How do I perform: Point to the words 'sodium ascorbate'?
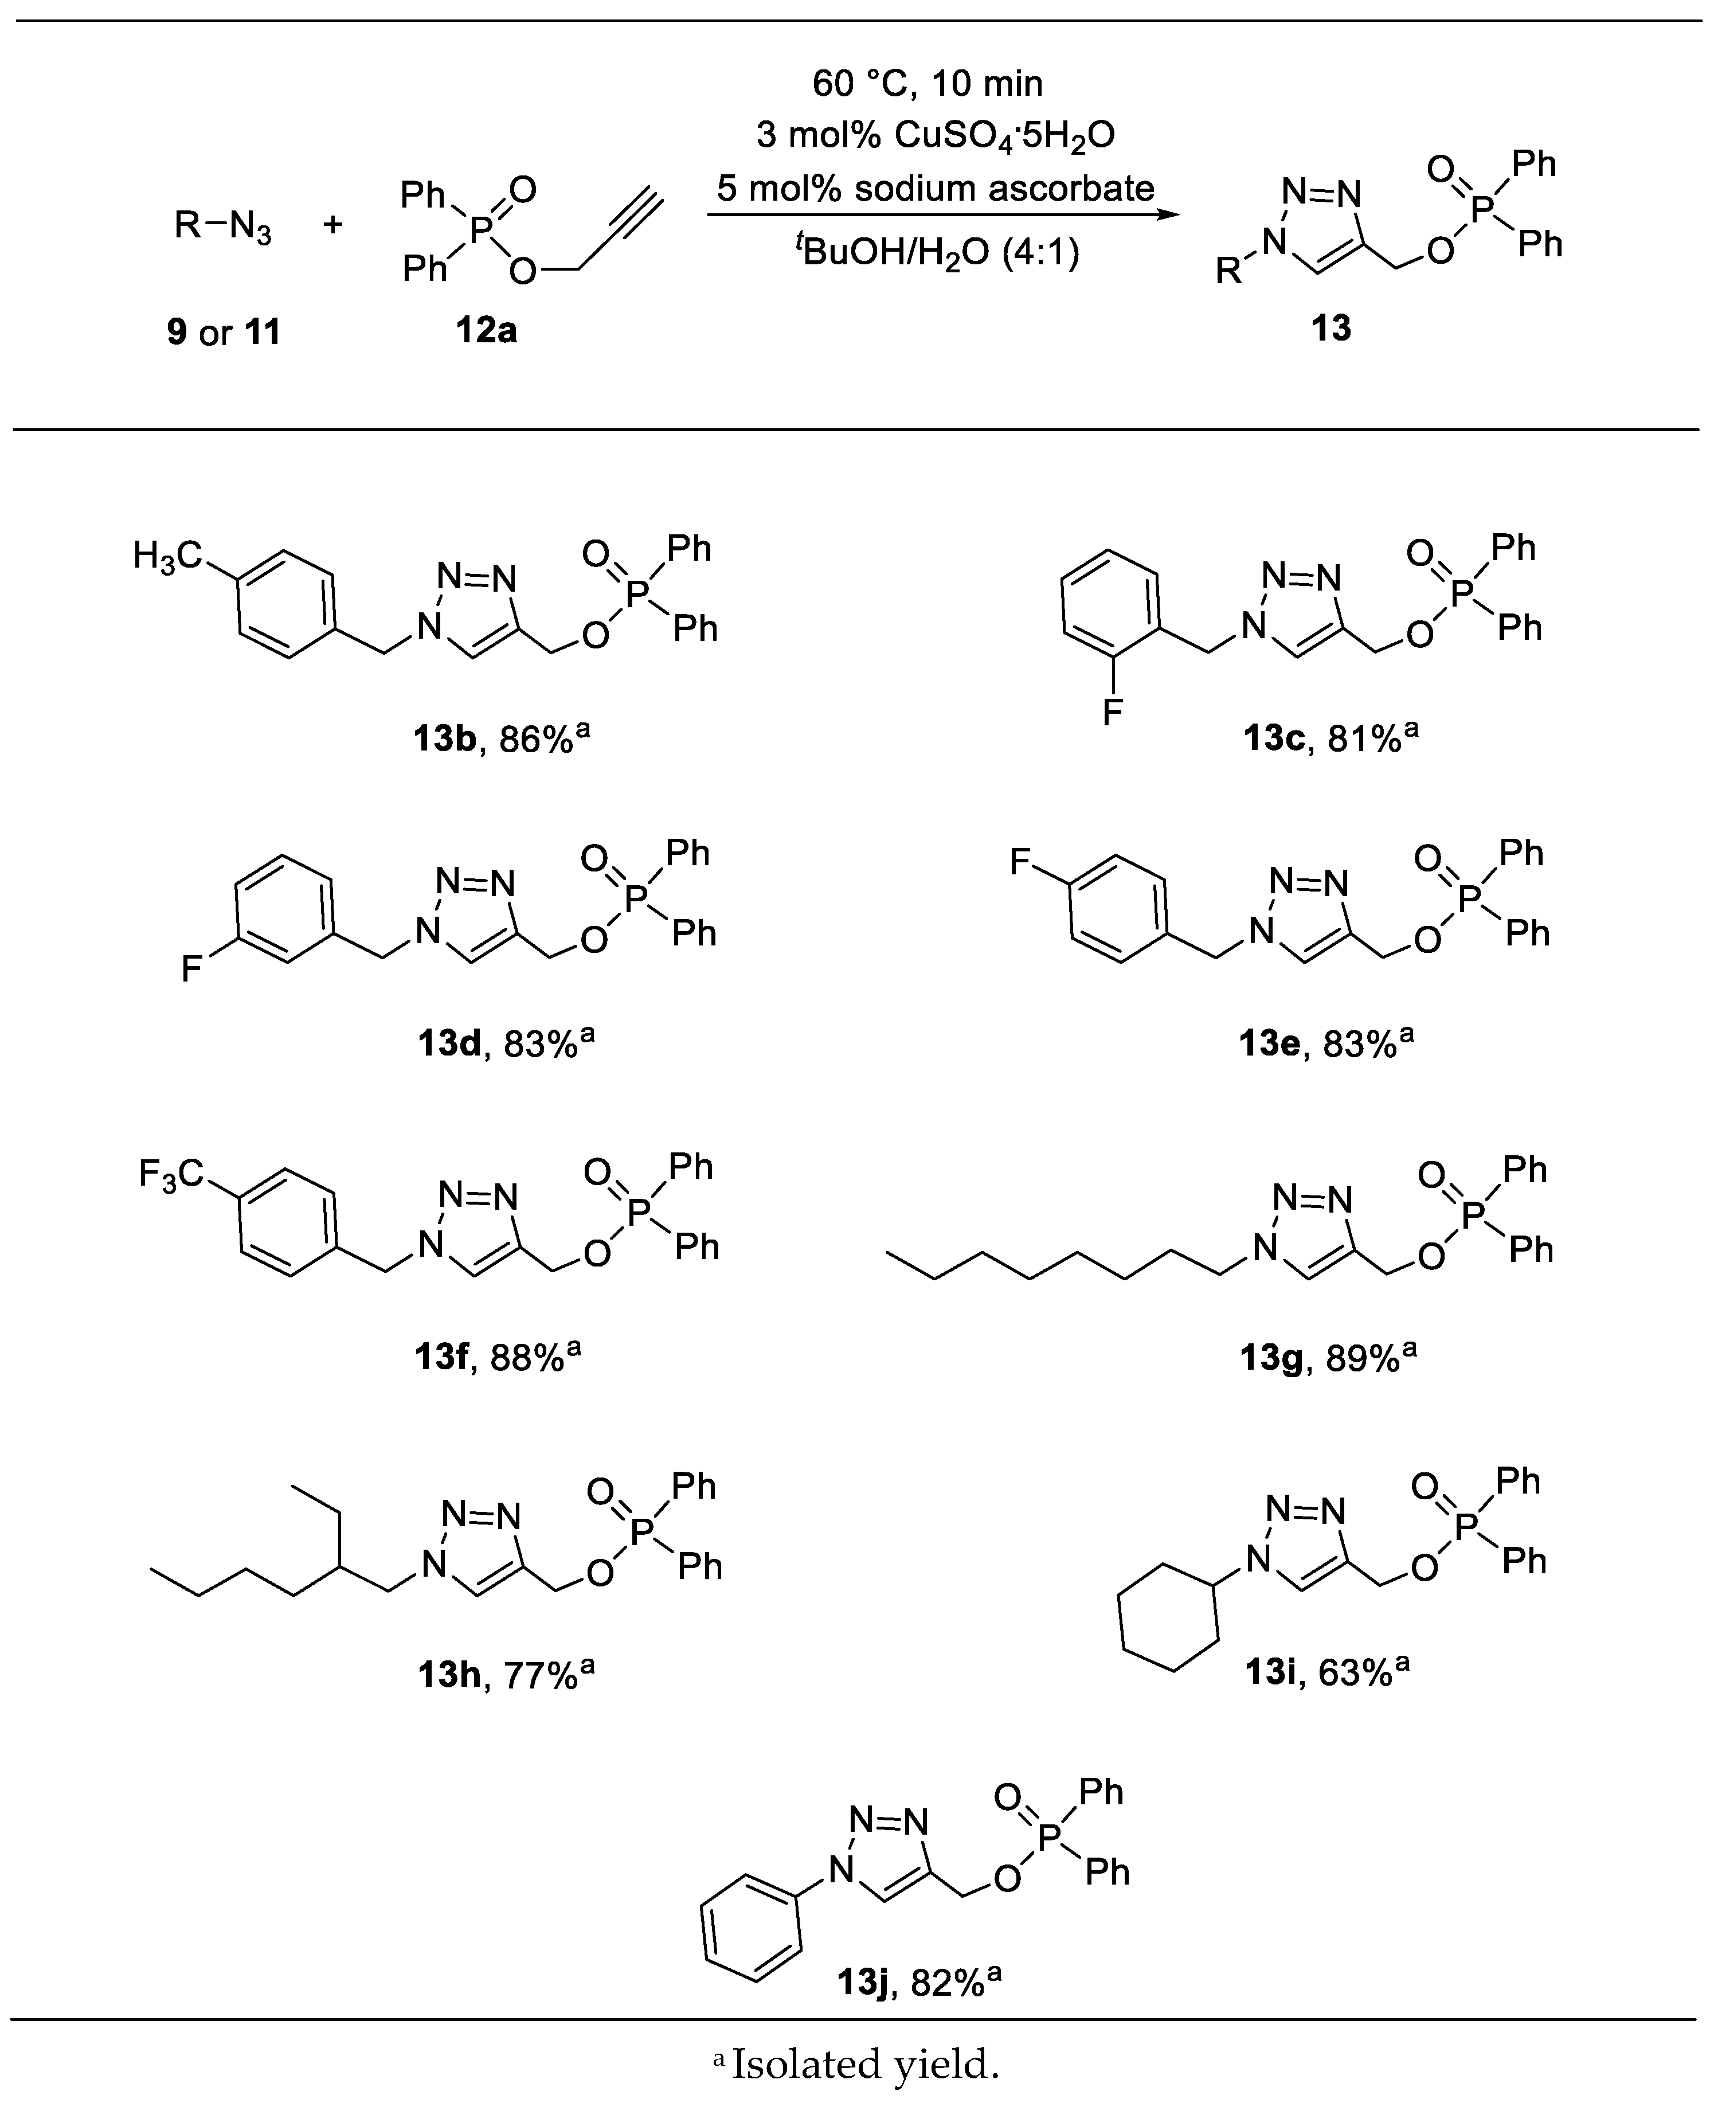coord(1004,187)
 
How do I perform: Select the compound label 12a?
coord(486,330)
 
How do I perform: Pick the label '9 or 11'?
coord(224,332)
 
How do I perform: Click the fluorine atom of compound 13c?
coord(1113,712)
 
